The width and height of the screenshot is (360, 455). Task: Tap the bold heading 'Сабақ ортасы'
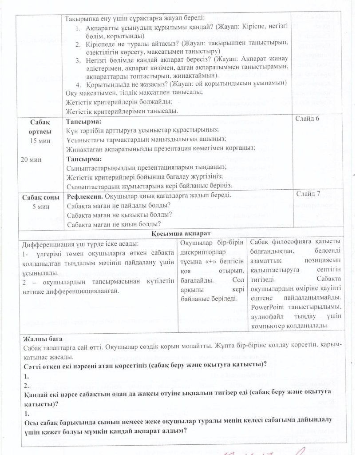40,127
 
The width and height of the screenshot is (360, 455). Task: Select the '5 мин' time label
40,207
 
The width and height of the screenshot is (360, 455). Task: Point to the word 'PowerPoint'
269,307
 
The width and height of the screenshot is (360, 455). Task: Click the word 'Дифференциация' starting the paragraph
48,244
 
